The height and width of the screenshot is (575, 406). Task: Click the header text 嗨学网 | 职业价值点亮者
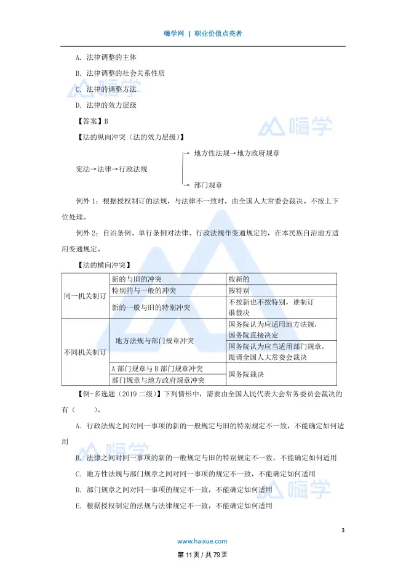tap(203, 33)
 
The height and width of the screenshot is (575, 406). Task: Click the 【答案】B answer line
tap(90, 121)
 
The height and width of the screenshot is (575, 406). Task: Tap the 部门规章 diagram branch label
tap(208, 184)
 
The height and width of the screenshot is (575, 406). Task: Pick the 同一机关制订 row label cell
tap(86, 296)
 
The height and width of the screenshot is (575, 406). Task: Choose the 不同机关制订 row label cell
tap(86, 352)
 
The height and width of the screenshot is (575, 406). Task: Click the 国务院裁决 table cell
tap(246, 374)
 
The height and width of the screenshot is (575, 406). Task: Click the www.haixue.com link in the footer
tap(202, 541)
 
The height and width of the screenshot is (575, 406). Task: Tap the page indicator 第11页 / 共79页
tap(202, 555)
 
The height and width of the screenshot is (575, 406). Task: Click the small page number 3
tap(343, 531)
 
